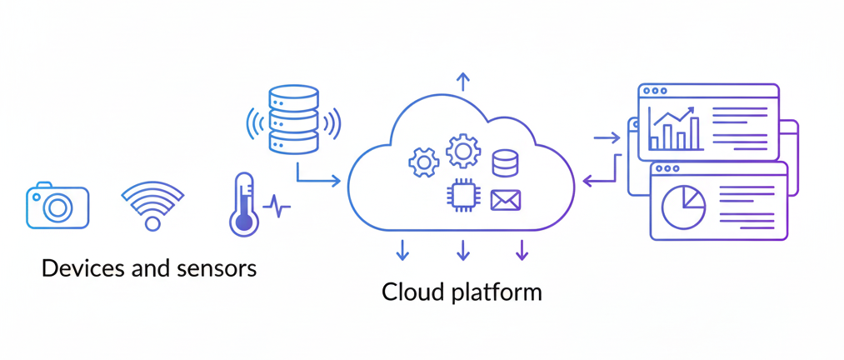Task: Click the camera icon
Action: click(x=57, y=205)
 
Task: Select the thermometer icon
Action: click(x=243, y=205)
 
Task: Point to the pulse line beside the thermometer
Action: click(x=277, y=207)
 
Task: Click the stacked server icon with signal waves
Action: click(x=293, y=120)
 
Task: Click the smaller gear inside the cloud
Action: click(x=423, y=162)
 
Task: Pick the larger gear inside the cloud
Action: click(x=462, y=151)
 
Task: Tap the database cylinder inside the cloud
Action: click(x=505, y=163)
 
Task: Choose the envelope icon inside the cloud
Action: click(x=506, y=200)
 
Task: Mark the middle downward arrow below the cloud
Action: click(x=463, y=250)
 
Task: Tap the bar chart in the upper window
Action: click(x=675, y=130)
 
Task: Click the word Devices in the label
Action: click(x=82, y=268)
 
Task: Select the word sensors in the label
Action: click(x=216, y=268)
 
